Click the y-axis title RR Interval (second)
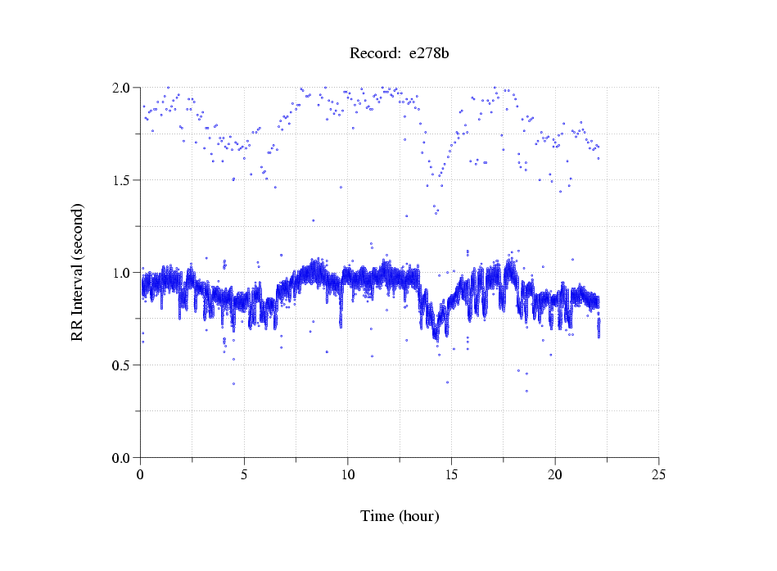click(77, 271)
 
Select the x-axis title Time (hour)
click(400, 516)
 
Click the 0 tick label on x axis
click(141, 474)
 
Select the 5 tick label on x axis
click(244, 474)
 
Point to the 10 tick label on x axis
click(348, 474)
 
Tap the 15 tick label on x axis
click(451, 474)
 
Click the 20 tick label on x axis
click(555, 474)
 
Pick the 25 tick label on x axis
click(659, 474)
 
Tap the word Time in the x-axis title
click(377, 516)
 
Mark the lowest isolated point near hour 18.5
click(526, 391)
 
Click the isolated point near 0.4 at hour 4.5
click(233, 383)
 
